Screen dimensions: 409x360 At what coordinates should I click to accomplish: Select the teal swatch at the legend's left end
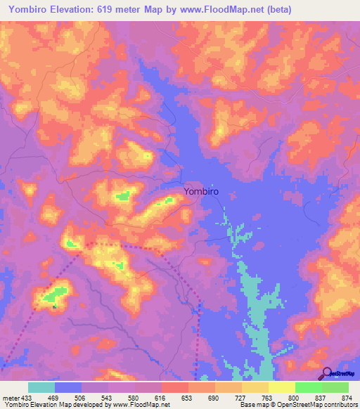(x=41, y=387)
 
